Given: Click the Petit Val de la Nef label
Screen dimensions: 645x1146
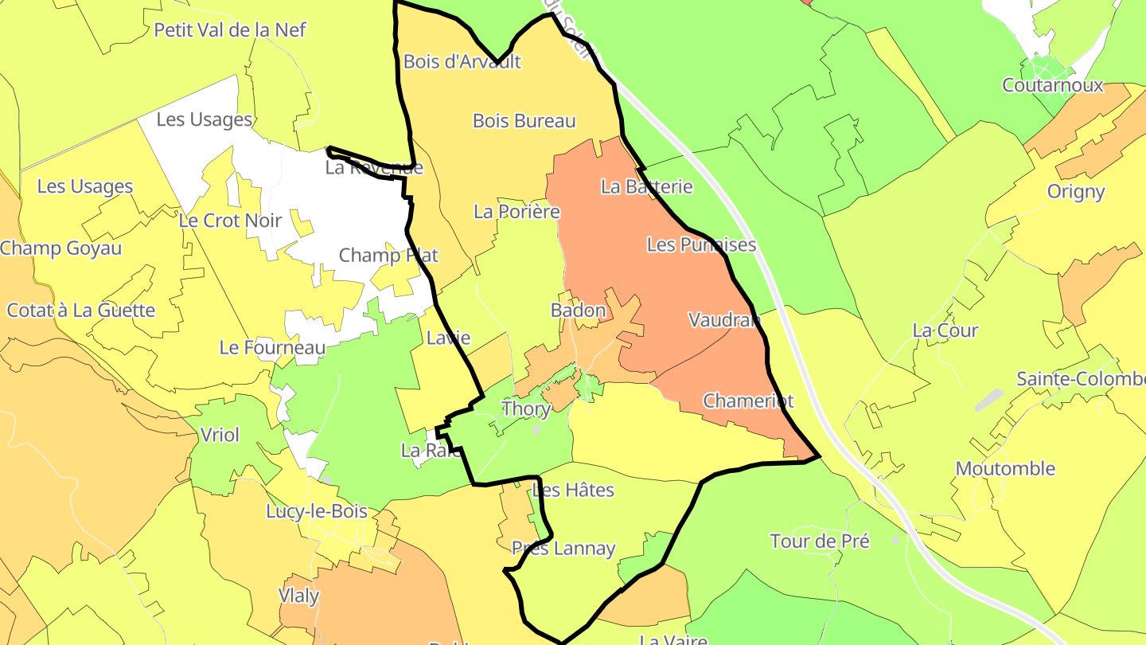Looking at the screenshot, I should (x=230, y=30).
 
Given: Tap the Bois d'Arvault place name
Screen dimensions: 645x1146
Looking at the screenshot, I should (x=462, y=61).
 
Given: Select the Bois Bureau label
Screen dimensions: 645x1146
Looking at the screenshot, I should (x=524, y=121).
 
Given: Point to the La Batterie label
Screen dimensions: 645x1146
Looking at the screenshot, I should (x=647, y=187).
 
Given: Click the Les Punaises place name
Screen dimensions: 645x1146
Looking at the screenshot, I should (x=701, y=244).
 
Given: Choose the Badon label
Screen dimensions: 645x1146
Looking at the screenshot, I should (x=579, y=311).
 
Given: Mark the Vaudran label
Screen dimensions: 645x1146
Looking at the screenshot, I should (x=724, y=320).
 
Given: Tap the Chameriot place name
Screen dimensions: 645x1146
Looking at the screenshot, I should (x=748, y=401).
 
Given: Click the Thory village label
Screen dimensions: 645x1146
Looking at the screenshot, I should (x=526, y=409).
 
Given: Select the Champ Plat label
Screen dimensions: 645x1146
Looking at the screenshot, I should (x=388, y=256).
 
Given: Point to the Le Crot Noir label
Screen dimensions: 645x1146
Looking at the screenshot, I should (x=230, y=221).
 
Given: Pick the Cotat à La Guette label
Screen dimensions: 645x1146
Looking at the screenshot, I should (x=81, y=311).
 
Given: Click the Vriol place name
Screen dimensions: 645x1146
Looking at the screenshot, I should (x=220, y=435).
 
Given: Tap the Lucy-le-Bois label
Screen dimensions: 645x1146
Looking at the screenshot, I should (x=317, y=511).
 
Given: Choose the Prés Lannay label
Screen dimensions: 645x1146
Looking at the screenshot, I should (x=563, y=549).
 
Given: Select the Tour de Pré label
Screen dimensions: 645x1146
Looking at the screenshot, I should (x=820, y=541).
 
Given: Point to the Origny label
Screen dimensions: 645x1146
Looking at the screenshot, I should (x=1076, y=191).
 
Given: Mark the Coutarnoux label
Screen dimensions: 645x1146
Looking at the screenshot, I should (x=1053, y=85).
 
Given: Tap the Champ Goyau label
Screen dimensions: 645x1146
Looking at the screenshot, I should (x=61, y=248).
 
